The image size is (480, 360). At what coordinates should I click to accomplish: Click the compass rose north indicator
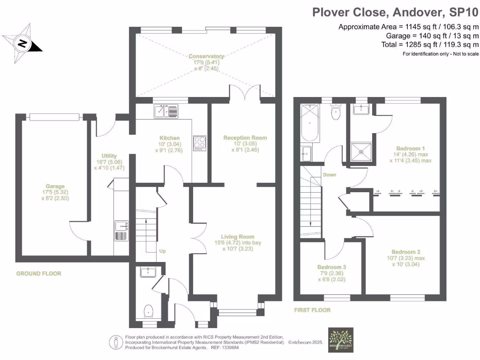22,43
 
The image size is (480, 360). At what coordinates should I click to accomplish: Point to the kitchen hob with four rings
200,142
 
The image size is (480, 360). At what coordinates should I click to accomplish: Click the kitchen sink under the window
166,112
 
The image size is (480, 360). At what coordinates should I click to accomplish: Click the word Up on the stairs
162,251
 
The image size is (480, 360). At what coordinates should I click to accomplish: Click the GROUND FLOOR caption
38,273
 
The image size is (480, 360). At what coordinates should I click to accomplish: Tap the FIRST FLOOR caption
312,310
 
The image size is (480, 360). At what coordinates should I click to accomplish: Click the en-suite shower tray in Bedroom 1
361,150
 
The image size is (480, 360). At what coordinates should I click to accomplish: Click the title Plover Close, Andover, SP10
396,11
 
